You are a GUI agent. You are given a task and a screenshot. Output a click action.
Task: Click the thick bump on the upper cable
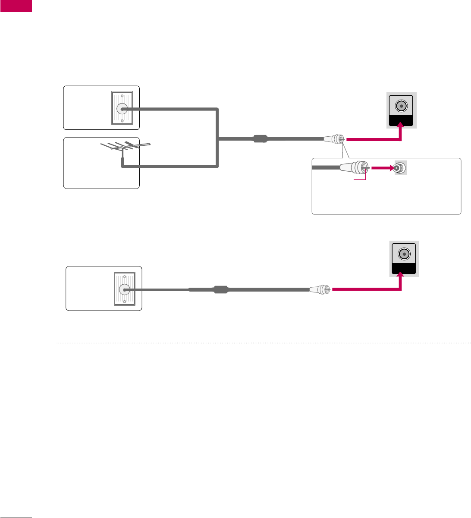[x=261, y=139]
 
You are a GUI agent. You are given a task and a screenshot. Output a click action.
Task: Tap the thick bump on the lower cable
[x=220, y=289]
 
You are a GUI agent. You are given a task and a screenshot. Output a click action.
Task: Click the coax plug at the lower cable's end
[x=320, y=289]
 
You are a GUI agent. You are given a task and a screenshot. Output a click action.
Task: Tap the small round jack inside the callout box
[x=399, y=168]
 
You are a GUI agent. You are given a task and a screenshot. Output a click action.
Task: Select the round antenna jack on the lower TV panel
[x=404, y=254]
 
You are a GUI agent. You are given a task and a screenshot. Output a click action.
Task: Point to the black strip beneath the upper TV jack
[x=402, y=121]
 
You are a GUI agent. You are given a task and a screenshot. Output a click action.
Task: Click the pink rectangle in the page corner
[x=16, y=6]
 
